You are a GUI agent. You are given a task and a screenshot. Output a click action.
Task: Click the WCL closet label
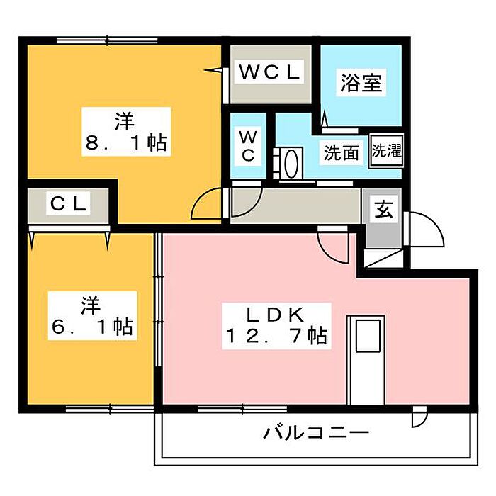click(x=270, y=72)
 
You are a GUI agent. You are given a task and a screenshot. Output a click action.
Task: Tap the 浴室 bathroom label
click(x=361, y=83)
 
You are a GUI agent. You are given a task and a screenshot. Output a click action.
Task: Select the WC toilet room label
click(x=248, y=146)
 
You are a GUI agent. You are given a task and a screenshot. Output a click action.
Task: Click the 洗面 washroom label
click(x=341, y=152)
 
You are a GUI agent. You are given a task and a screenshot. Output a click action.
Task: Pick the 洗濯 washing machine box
click(x=387, y=150)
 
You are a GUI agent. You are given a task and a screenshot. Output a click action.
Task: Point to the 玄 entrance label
click(x=384, y=209)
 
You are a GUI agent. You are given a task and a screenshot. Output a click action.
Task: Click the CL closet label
click(x=68, y=203)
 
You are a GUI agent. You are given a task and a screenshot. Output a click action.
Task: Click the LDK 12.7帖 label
click(x=276, y=326)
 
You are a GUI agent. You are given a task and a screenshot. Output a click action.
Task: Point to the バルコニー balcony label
click(x=316, y=432)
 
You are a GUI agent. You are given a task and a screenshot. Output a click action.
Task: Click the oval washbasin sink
click(x=291, y=164)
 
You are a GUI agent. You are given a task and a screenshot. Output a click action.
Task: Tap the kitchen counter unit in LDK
click(x=366, y=360)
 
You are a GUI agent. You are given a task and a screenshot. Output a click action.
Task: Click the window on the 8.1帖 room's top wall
click(x=107, y=40)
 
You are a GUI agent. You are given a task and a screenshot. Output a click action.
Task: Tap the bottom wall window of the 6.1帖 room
click(x=110, y=409)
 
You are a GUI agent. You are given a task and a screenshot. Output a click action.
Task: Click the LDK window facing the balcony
click(x=242, y=409)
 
